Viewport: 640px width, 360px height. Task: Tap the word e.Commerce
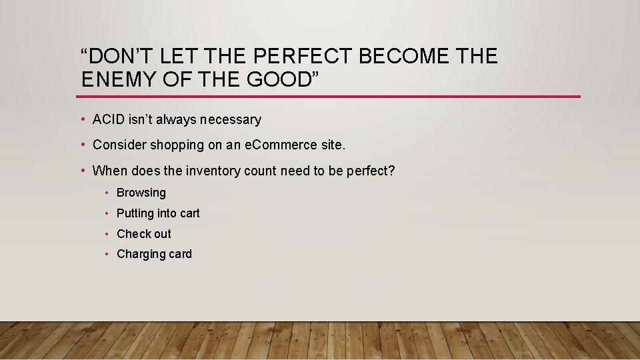click(x=281, y=145)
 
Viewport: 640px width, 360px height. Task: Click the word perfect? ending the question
click(x=371, y=171)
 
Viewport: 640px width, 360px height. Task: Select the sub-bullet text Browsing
click(x=141, y=193)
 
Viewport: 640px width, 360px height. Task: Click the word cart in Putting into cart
click(x=190, y=213)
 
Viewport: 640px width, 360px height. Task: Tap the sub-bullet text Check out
click(x=144, y=234)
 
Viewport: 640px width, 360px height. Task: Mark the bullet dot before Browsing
click(x=107, y=193)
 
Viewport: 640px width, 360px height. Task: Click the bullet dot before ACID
click(x=83, y=120)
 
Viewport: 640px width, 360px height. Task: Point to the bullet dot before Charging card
click(x=107, y=254)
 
